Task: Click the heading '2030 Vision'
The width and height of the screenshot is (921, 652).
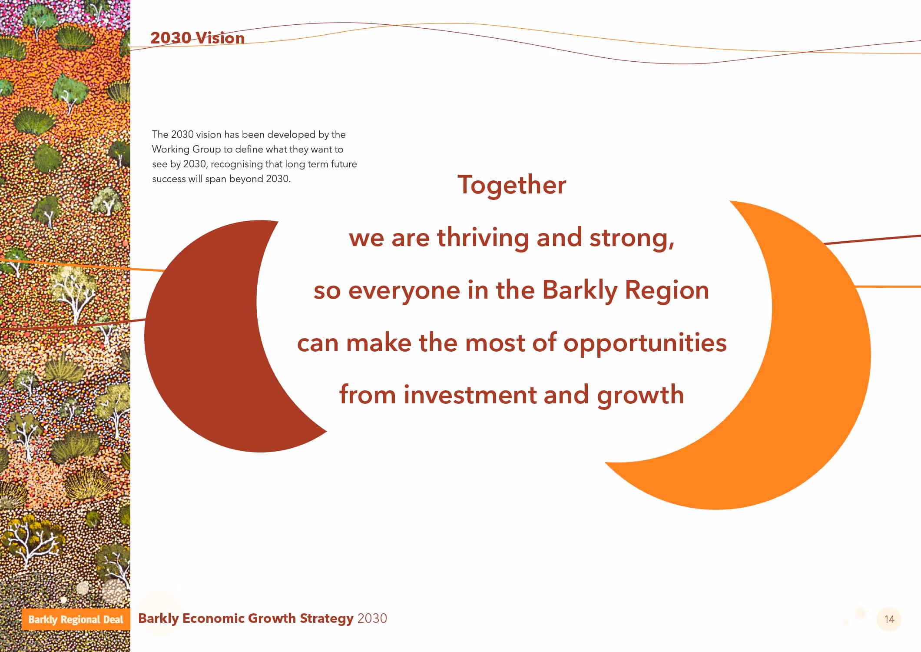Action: [197, 38]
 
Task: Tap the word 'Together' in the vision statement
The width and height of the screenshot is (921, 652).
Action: [512, 185]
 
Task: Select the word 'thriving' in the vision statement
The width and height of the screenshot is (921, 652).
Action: [483, 238]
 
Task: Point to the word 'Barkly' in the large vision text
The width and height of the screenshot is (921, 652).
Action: [580, 290]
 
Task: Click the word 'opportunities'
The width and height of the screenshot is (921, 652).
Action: [645, 343]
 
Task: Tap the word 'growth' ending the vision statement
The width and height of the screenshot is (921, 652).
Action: [640, 395]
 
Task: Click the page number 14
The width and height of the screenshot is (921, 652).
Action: [889, 619]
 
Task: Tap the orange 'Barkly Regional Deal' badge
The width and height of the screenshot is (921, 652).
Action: [76, 619]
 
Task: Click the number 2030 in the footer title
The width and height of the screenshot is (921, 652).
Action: [372, 619]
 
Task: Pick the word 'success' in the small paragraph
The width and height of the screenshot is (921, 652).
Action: [169, 179]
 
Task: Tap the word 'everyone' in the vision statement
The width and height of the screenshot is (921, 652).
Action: [404, 290]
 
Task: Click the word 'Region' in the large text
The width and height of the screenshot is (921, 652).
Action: [667, 290]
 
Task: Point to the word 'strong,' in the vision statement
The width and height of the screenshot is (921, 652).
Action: [632, 238]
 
